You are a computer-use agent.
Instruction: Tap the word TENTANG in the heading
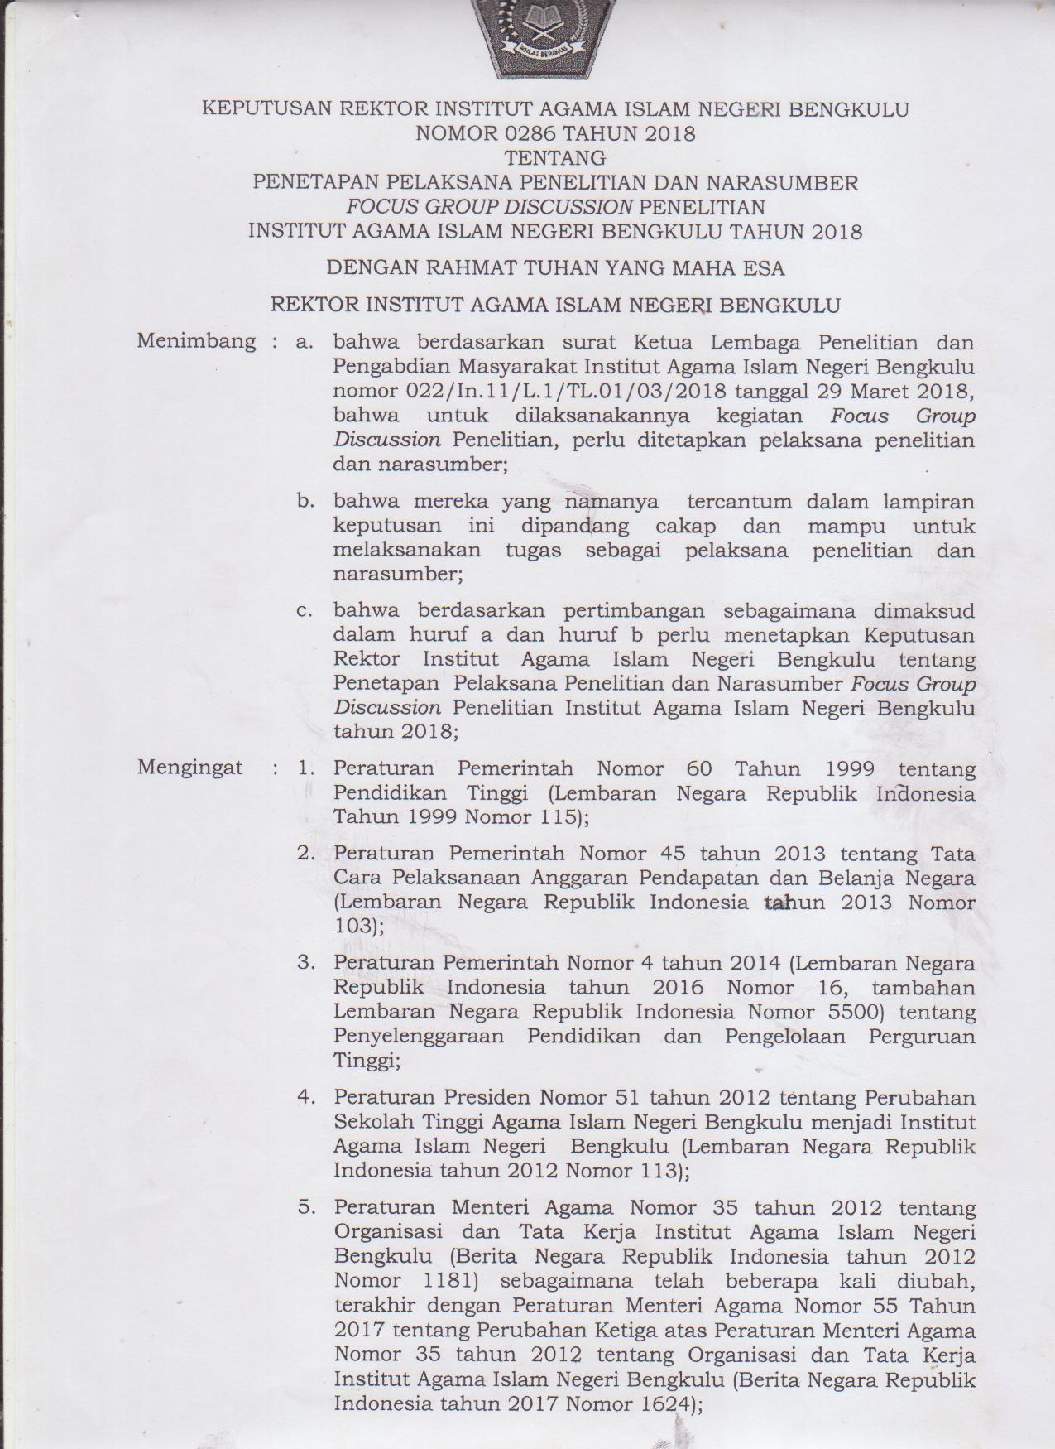[555, 157]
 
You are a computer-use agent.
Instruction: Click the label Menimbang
[196, 342]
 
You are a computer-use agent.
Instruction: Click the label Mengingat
[190, 768]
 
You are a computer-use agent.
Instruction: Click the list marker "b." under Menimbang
[305, 502]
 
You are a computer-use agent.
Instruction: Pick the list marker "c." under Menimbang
[305, 611]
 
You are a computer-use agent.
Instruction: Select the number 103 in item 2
[352, 927]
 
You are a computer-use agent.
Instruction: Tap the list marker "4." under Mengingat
[308, 1098]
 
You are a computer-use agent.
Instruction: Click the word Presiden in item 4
[488, 1098]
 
